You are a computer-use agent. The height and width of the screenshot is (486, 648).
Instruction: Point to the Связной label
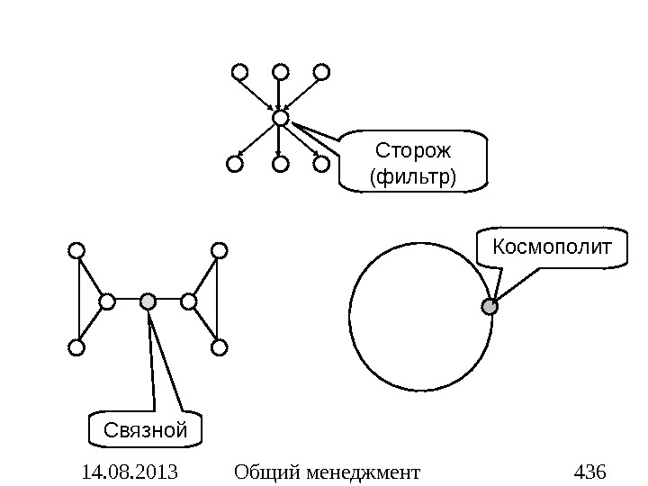point(146,430)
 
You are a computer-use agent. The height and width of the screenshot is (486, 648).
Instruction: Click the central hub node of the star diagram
point(280,118)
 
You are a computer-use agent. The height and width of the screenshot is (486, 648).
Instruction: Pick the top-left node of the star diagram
point(238,71)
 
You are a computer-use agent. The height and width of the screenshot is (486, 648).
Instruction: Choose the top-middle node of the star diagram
point(280,71)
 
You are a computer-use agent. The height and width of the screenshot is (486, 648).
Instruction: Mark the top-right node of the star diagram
point(322,71)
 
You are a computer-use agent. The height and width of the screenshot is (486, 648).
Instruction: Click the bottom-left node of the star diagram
point(234,164)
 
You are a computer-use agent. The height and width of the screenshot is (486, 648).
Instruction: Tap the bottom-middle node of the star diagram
point(280,164)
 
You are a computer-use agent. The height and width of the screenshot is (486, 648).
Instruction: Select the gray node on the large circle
point(490,308)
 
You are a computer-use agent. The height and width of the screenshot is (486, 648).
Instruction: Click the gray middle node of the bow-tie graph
point(148,301)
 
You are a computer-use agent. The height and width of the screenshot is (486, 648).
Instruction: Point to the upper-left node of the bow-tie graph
point(76,250)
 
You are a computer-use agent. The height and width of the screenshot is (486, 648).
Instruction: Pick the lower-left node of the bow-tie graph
point(76,346)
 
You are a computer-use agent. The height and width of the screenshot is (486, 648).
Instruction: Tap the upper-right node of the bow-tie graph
point(220,250)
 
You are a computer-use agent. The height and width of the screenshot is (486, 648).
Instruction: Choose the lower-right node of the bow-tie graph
point(220,346)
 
